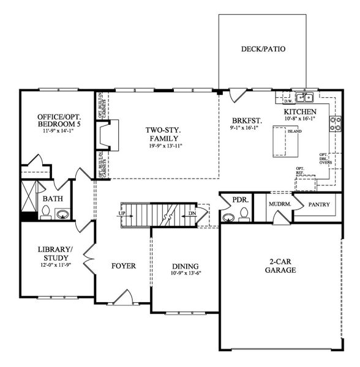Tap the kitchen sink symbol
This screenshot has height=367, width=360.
[x=304, y=97]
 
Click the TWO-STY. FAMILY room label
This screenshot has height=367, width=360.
[x=162, y=134]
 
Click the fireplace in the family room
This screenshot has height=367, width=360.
[x=108, y=135]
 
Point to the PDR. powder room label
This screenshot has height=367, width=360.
[x=239, y=200]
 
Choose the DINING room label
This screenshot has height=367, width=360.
[x=185, y=266]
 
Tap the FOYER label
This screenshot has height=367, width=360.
[x=123, y=266]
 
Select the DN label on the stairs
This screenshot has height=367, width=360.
[x=192, y=213]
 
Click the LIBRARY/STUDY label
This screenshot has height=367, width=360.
[x=55, y=254]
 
